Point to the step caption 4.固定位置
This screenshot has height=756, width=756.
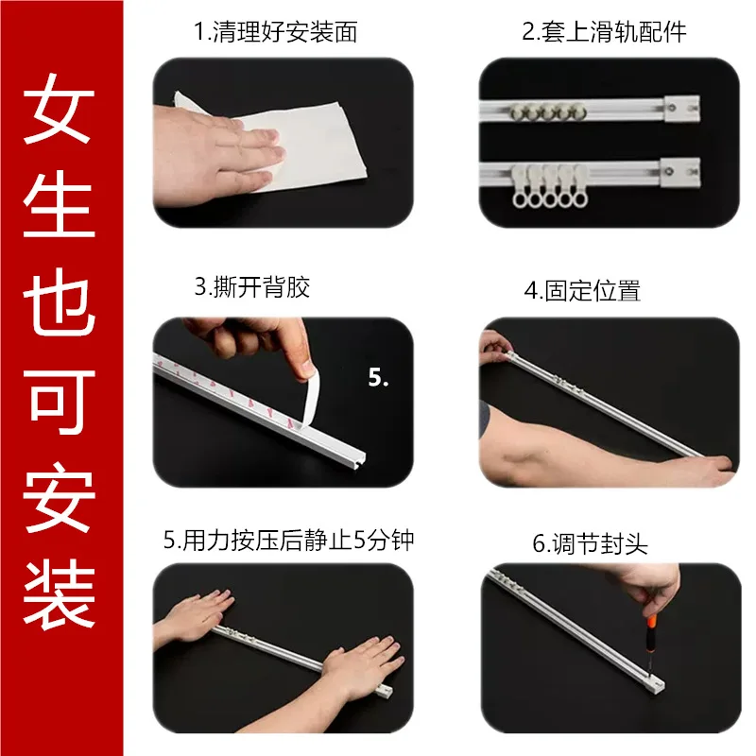click(x=582, y=290)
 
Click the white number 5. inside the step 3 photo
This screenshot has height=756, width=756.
click(x=379, y=378)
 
